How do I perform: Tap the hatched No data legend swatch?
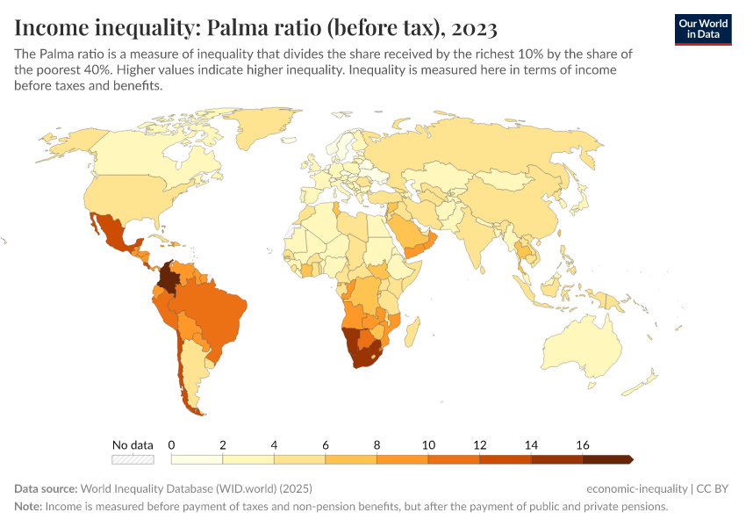[133, 458]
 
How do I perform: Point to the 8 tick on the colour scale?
[377, 444]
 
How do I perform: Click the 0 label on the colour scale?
[172, 444]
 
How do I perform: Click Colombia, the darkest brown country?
[172, 279]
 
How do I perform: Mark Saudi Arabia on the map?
[405, 232]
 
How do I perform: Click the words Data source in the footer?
[46, 488]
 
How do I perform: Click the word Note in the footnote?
[27, 507]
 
